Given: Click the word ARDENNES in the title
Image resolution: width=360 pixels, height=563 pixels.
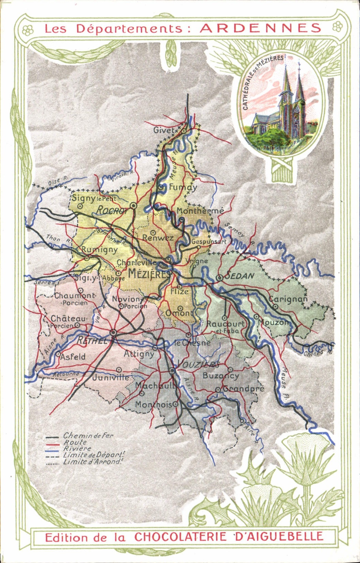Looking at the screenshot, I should coord(260,28).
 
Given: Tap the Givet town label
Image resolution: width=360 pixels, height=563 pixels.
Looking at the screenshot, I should coord(164,130).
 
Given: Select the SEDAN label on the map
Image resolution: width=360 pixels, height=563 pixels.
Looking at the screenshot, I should coord(240,276).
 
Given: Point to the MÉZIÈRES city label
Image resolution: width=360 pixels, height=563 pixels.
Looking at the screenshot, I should coord(149,274).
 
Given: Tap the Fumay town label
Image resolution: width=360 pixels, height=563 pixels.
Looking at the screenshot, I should coord(183,187).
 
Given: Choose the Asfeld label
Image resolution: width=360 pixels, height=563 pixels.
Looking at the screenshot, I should coord(73,357).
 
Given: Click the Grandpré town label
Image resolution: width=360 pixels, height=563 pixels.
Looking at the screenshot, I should coord(243,388).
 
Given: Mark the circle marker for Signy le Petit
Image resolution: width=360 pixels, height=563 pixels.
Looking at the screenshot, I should coord(80,206).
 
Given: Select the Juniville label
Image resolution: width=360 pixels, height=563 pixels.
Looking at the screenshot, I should coord(111,377).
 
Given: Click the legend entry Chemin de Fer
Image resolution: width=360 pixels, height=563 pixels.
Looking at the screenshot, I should coord(88,435).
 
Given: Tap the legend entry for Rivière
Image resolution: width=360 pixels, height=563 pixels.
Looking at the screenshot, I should coord(77,448).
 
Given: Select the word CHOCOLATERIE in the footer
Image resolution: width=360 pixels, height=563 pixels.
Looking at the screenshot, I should coord(180,536).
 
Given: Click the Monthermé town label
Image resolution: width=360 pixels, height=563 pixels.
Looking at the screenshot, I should coord(200,211).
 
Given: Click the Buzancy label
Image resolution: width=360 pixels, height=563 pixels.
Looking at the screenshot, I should coord(221,375).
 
